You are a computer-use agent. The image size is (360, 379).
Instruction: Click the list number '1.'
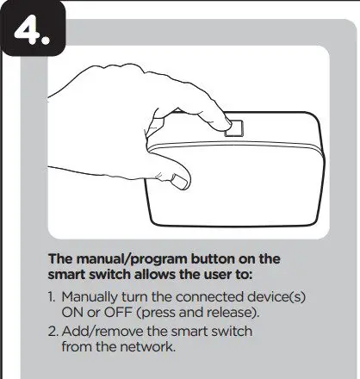pyautogui.click(x=53, y=297)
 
